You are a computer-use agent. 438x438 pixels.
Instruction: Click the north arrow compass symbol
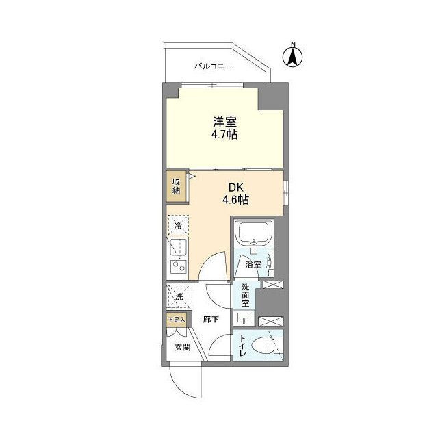coord(292,56)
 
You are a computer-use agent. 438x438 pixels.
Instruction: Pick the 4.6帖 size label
coord(234,201)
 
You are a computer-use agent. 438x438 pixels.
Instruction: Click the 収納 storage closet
coord(176,186)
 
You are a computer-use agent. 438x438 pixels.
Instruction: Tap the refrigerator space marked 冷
coord(179,226)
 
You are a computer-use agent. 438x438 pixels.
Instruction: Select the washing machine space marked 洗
coord(179,297)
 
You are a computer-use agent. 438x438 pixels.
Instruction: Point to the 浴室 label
coord(253,263)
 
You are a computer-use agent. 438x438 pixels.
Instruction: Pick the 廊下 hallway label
coord(211,319)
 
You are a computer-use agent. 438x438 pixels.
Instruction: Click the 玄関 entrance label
coord(181,347)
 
